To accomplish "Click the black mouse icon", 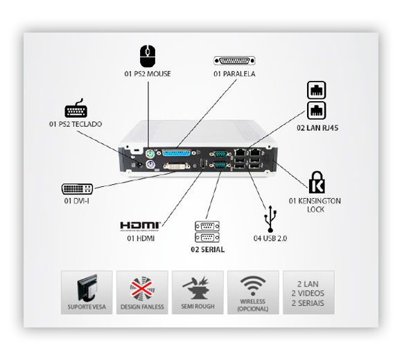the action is coord(148,56).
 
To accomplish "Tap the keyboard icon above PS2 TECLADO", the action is coord(76,109).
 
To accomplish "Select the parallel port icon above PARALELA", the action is coord(234,61).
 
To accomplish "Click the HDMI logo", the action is coord(141,226).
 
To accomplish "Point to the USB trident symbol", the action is coord(270,219).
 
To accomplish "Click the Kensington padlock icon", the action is coord(317,182).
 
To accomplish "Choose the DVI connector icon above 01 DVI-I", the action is coord(77,189).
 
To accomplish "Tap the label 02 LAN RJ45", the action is coord(317,128).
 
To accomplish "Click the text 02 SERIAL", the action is coord(207,249).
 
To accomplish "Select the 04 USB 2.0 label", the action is coord(270,238).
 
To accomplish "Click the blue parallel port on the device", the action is coord(177,153).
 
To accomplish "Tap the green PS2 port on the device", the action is coord(150,154).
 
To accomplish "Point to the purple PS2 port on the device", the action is coord(150,164).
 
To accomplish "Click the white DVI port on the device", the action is coord(177,166).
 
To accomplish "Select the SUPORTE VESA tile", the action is coord(87,292).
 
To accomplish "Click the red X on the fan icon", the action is coord(142,287).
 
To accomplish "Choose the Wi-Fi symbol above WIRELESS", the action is coord(253,286).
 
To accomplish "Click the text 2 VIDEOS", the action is coord(308,294).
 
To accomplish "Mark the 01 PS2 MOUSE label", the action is coord(148,74).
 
